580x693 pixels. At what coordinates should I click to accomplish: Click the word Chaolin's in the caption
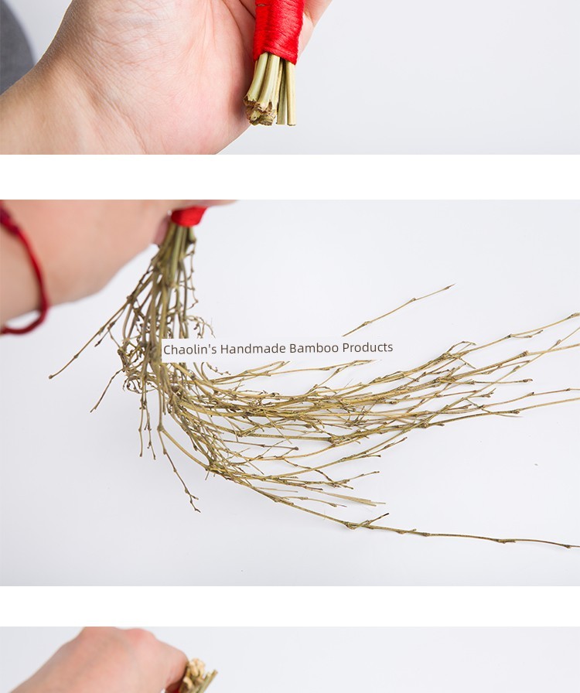189,350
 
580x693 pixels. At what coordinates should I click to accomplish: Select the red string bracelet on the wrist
26,274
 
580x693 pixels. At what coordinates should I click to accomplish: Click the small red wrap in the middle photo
189,217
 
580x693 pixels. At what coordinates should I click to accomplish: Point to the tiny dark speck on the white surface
536,465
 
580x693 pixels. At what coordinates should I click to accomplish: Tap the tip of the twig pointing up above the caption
454,285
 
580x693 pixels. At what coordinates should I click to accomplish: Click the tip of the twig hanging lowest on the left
199,511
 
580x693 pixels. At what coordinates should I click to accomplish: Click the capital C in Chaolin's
167,350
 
